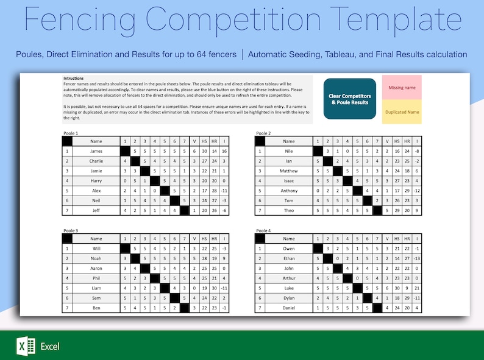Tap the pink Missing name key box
[x=402, y=88]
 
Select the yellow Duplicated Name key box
[x=402, y=112]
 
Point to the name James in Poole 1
[x=96, y=150]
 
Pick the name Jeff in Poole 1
[x=96, y=210]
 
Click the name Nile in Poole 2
[x=289, y=150]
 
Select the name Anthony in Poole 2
[x=289, y=190]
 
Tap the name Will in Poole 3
[x=96, y=249]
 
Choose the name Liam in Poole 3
[x=96, y=288]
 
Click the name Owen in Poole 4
[x=289, y=249]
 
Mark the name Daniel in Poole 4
[x=289, y=308]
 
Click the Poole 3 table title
[x=71, y=231]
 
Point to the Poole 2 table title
[x=263, y=133]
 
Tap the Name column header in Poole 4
[x=289, y=239]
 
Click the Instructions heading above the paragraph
[x=74, y=79]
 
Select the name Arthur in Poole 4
[x=289, y=278]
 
